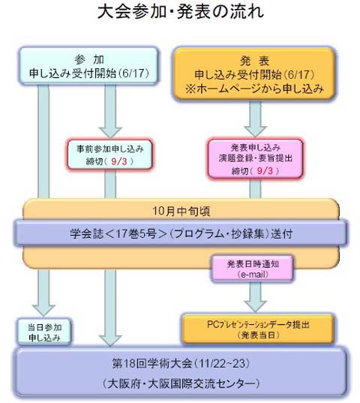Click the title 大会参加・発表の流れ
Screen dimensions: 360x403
(181, 12)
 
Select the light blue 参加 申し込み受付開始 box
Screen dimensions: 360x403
(88, 65)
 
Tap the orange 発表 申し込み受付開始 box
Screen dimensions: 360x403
(254, 74)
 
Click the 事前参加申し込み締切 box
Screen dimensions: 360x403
(110, 155)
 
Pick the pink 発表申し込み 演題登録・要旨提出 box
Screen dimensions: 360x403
(255, 158)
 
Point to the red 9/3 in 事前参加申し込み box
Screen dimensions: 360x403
(119, 161)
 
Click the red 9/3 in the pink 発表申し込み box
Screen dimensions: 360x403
(265, 170)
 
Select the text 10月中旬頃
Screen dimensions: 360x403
(181, 211)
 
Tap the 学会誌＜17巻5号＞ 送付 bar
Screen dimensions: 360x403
(181, 233)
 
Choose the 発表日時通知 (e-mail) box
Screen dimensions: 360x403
(253, 269)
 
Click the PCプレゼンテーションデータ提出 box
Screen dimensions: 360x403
(258, 329)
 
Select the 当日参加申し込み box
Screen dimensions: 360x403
(44, 332)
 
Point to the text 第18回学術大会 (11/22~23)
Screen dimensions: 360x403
(181, 363)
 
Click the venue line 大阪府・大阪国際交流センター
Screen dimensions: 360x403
(181, 383)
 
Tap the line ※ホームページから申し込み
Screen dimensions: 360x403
(254, 89)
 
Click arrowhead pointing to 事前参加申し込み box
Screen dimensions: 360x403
(110, 132)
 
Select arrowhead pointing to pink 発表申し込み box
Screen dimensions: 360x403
(255, 131)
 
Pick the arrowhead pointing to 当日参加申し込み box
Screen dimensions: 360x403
(43, 311)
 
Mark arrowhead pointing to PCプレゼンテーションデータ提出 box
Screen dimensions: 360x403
(255, 306)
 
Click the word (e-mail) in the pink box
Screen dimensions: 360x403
(253, 275)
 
